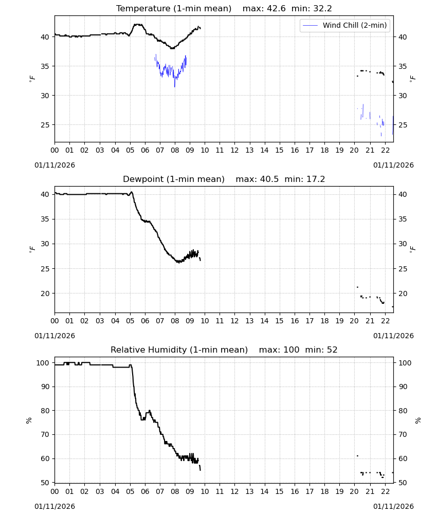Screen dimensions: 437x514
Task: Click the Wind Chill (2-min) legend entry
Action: point(345,25)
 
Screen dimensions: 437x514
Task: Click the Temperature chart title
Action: point(224,8)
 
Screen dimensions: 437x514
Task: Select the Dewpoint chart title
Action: point(224,179)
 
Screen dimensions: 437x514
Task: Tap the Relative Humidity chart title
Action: point(224,350)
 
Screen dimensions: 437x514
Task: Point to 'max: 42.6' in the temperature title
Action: point(264,8)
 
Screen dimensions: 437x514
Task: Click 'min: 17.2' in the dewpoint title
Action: point(304,179)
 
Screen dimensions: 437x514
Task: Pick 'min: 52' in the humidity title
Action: point(321,350)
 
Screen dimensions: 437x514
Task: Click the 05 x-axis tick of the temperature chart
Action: point(130,150)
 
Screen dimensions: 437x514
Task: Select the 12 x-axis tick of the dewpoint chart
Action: point(234,321)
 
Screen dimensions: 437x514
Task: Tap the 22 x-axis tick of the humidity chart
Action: point(385,491)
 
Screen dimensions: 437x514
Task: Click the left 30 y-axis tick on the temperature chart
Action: point(45,96)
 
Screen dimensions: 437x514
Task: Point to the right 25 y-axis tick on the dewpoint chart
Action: point(403,269)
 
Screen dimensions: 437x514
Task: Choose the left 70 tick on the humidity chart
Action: point(45,435)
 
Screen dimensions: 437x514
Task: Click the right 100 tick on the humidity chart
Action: point(405,363)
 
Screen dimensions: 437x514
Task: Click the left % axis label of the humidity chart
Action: point(29,420)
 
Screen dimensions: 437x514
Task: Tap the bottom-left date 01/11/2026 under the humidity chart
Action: point(54,506)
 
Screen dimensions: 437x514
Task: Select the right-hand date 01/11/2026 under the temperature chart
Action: point(393,165)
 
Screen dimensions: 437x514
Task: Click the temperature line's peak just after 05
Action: point(138,24)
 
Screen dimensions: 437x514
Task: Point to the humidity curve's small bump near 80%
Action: point(150,411)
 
